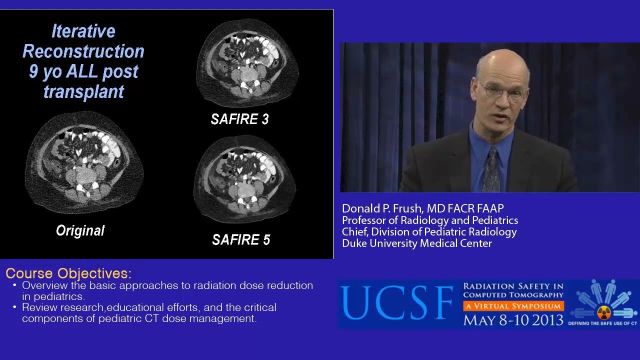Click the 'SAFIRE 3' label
click(239, 119)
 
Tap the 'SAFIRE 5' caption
click(241, 240)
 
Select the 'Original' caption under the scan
click(80, 230)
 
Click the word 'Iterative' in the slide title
click(83, 31)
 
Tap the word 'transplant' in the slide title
click(83, 91)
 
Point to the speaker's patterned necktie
click(491, 170)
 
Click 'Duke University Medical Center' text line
click(416, 243)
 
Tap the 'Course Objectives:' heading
click(68, 273)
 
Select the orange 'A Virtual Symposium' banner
click(513, 306)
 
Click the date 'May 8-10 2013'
click(513, 319)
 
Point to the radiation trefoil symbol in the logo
click(604, 312)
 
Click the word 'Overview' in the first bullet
click(43, 285)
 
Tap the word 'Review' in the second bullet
click(38, 307)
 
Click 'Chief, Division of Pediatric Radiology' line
click(429, 232)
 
